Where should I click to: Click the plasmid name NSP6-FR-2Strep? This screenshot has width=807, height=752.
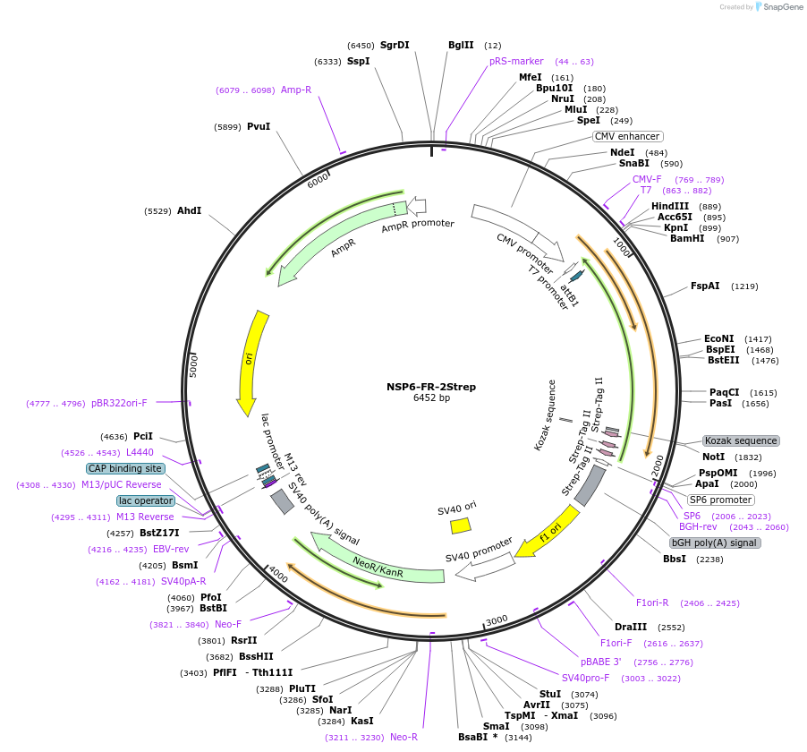[x=430, y=387]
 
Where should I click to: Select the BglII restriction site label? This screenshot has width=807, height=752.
[x=461, y=45]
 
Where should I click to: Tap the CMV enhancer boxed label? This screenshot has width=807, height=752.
[x=627, y=136]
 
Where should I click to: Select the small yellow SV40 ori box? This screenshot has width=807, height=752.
[x=460, y=526]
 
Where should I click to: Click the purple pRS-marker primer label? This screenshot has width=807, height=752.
[x=516, y=61]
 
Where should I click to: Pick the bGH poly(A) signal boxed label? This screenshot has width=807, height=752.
[x=716, y=543]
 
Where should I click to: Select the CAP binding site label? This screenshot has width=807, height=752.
[x=125, y=468]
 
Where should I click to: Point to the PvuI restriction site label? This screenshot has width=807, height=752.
[x=259, y=127]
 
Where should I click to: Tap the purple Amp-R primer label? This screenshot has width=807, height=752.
[x=296, y=90]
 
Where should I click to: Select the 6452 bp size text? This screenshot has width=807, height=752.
[x=430, y=397]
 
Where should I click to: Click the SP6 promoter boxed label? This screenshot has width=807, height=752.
[x=720, y=500]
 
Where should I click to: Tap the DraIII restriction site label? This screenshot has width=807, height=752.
[x=630, y=627]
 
